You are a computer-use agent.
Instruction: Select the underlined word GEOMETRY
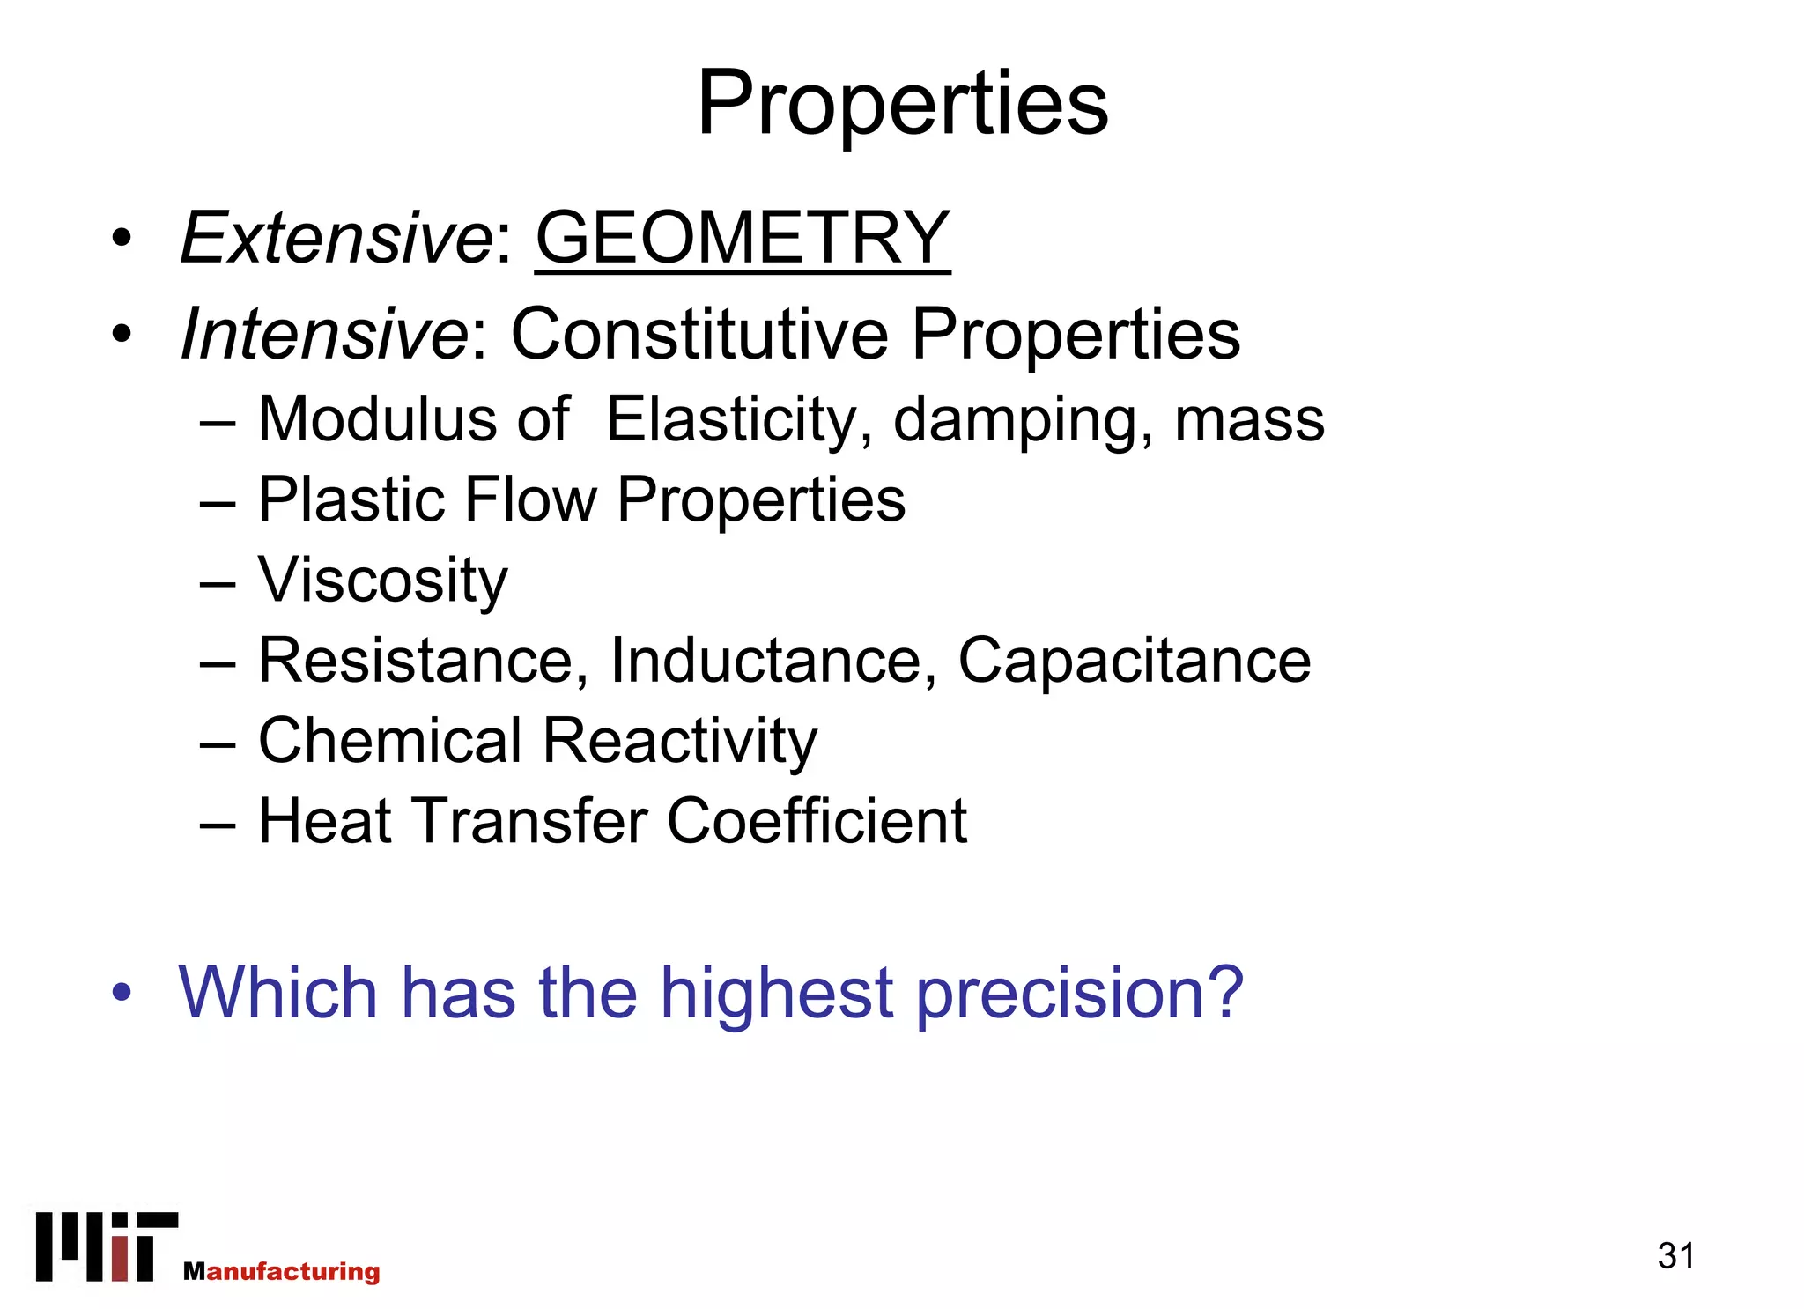point(743,238)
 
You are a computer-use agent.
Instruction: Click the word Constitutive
point(699,334)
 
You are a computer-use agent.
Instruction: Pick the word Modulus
point(377,419)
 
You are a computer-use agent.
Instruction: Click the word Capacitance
point(1135,661)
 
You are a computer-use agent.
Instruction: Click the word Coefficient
point(817,821)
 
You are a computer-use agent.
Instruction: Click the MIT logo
point(106,1246)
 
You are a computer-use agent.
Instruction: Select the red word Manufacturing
point(282,1271)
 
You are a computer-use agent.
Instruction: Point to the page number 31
point(1675,1256)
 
